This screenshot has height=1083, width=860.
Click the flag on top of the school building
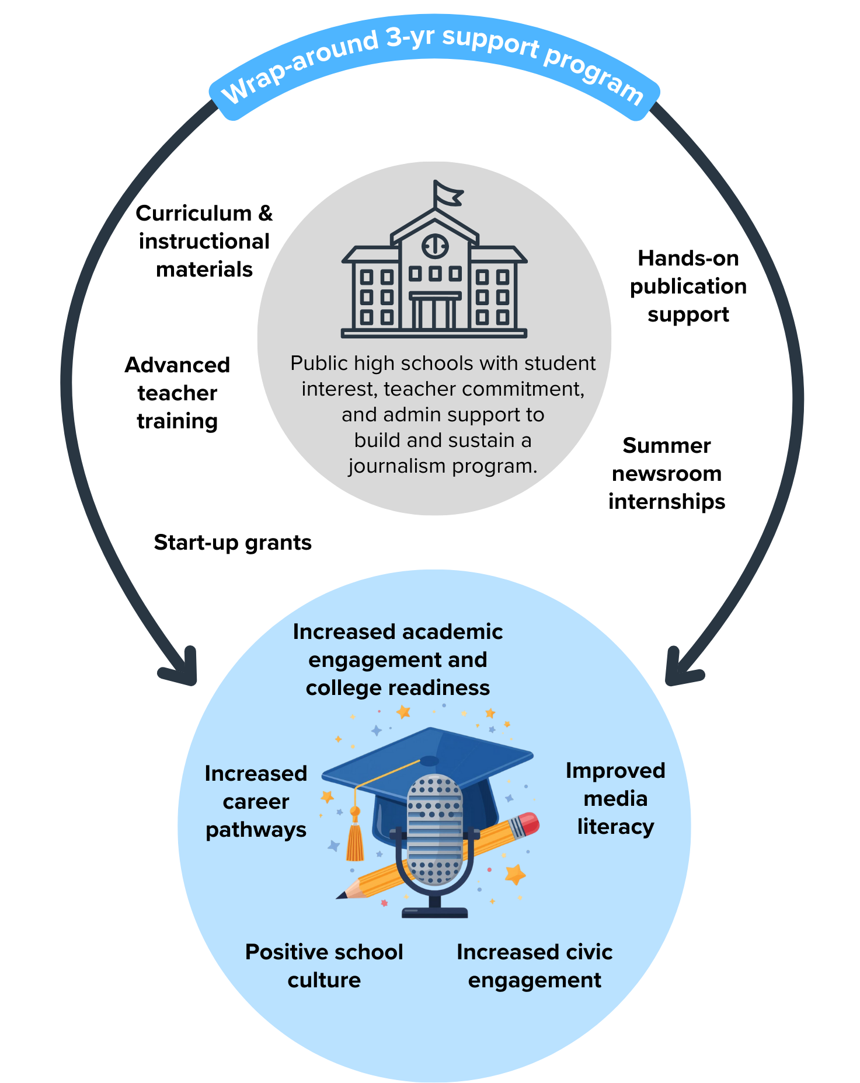tap(447, 194)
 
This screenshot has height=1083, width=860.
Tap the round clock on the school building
tap(435, 246)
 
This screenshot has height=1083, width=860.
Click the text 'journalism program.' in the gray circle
tap(443, 466)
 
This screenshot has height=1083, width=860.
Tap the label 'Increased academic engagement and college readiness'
tap(398, 659)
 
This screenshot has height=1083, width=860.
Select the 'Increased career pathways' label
tap(256, 801)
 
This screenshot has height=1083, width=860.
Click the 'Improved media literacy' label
tap(615, 798)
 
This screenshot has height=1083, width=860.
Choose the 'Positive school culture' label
tap(324, 966)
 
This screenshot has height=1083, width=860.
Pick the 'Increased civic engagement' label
tap(534, 966)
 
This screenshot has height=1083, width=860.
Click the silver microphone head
tap(434, 829)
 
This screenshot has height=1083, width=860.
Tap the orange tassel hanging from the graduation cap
tap(355, 840)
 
